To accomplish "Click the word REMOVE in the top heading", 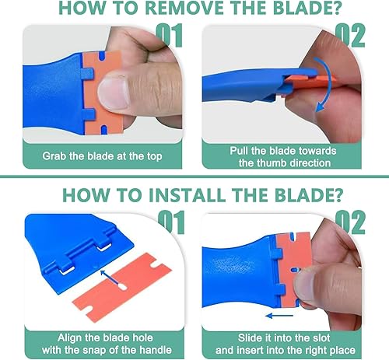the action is coord(184,8).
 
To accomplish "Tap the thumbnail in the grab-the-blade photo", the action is coord(114,93).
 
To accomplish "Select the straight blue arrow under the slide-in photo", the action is coord(279,316).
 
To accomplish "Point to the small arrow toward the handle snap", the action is coord(109,278).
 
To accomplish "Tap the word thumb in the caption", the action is coord(273,163).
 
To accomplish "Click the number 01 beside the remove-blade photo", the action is coord(169,36).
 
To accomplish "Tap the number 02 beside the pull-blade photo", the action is coord(350,36).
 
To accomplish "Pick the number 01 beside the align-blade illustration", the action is coord(171,222).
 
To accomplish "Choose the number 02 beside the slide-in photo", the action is coord(350,222).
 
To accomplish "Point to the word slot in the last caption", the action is coord(320,338).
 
